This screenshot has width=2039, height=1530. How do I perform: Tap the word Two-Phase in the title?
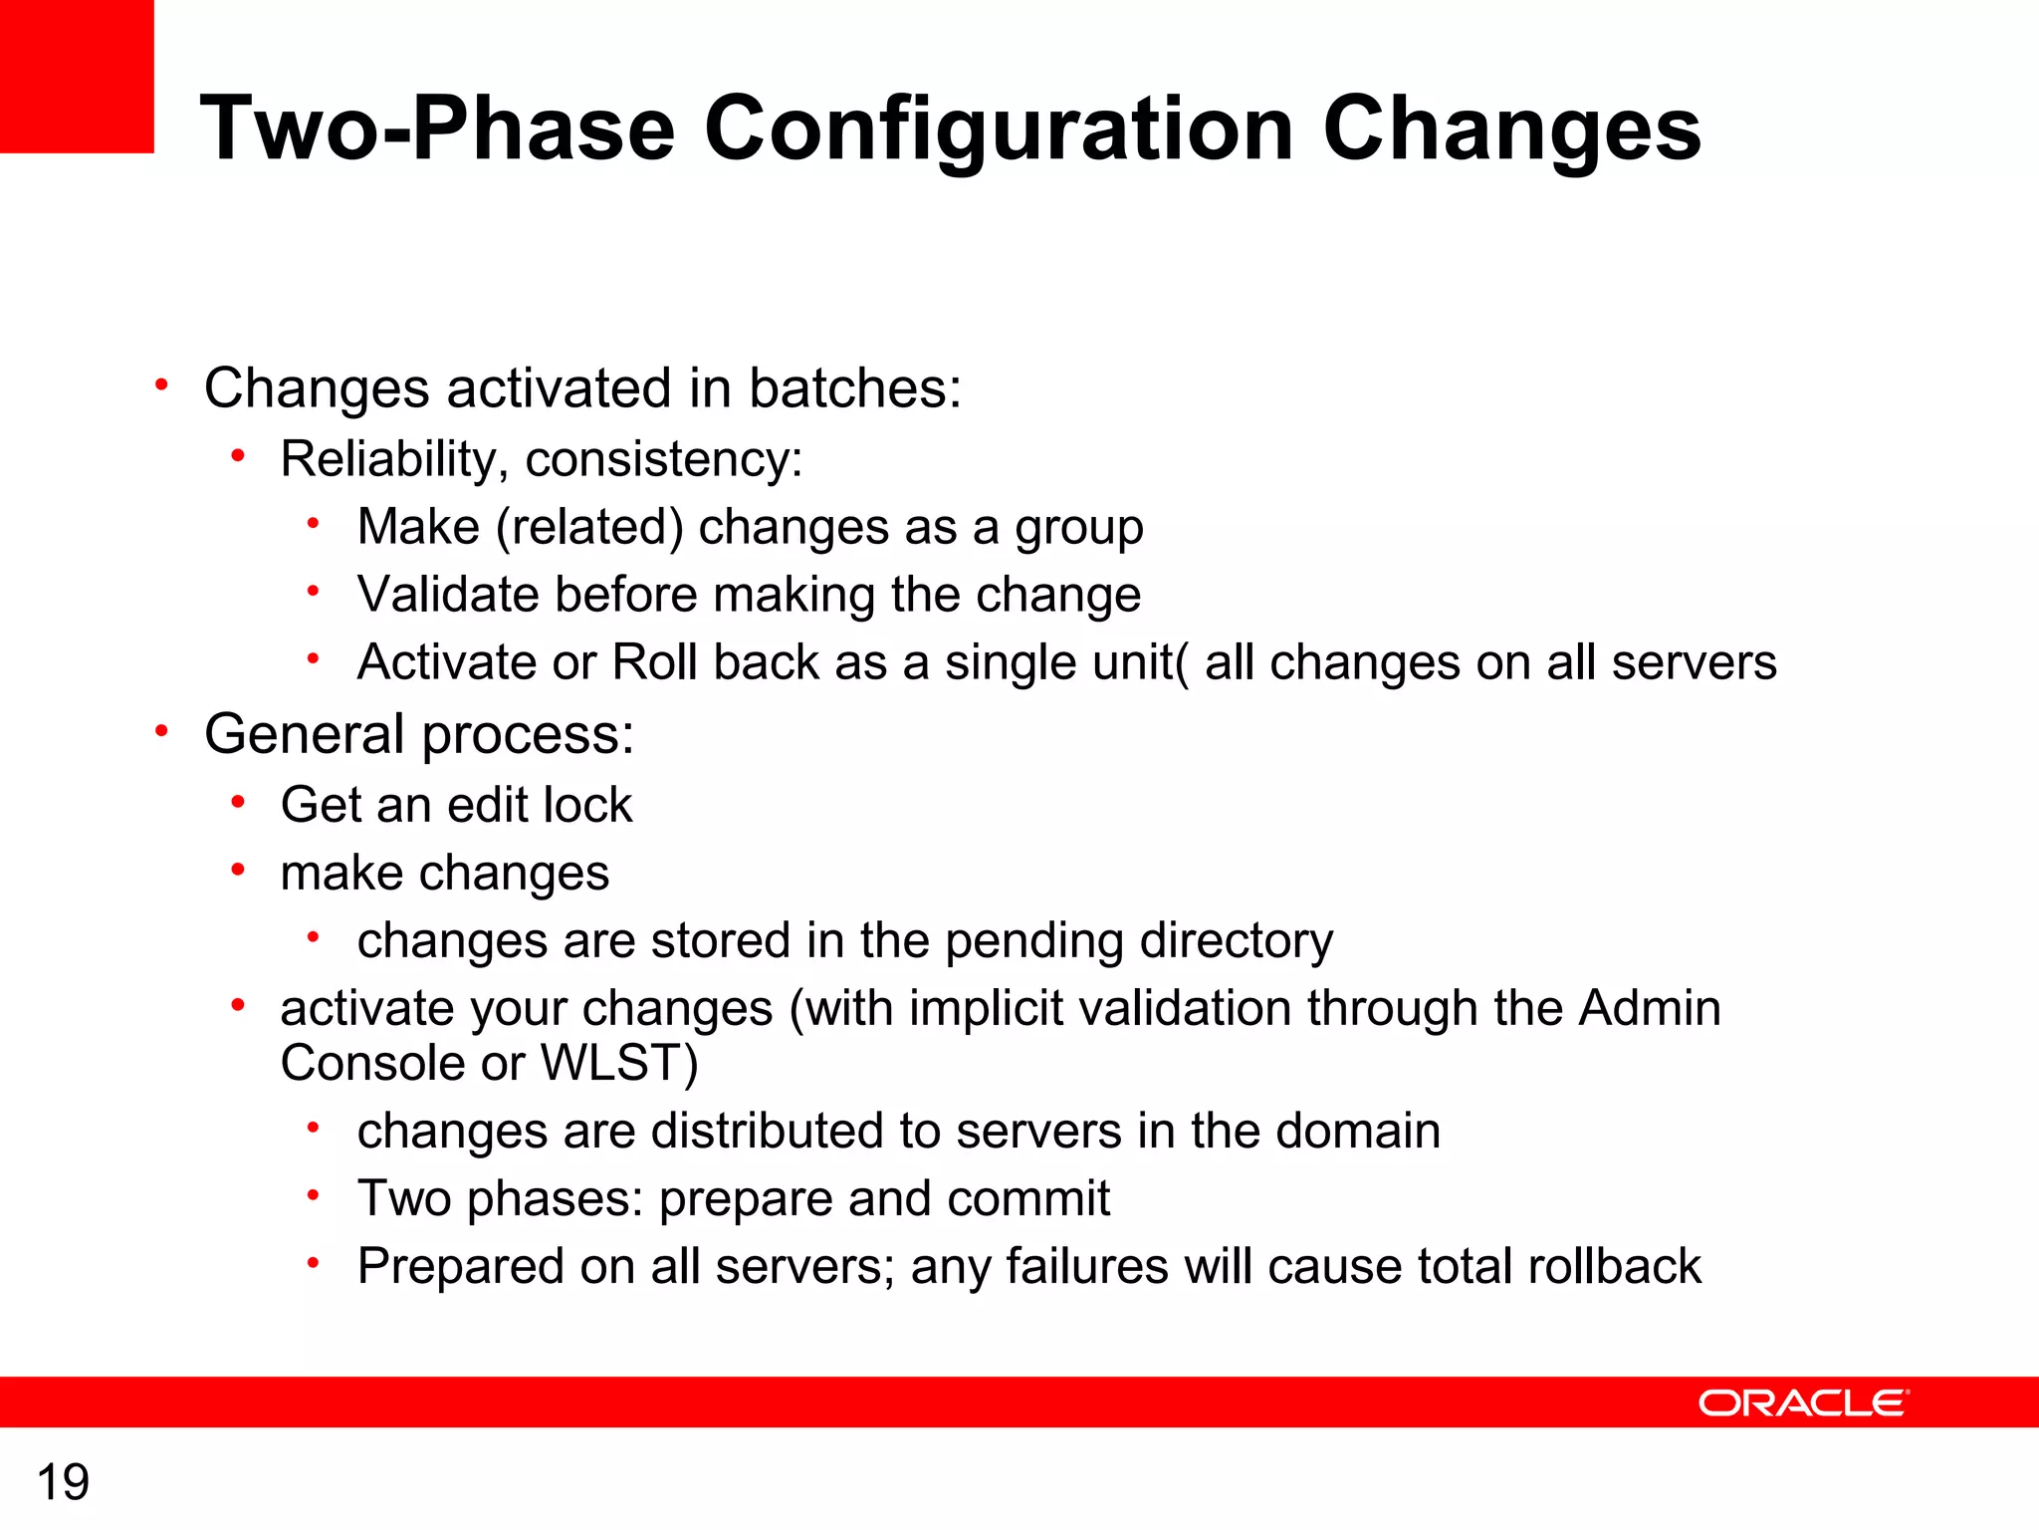pos(437,129)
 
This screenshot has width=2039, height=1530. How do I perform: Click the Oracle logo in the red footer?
pos(1803,1402)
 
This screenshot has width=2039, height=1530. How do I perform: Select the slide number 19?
pos(63,1482)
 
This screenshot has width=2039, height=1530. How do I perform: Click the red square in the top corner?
pos(77,76)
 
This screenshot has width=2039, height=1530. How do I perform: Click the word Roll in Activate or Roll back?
pos(654,662)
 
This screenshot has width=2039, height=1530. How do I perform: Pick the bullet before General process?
pos(161,733)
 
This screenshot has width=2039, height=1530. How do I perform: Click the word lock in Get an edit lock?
pos(594,805)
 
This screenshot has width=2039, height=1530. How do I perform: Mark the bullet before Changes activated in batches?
pos(161,386)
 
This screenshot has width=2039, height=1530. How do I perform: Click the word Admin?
pos(1650,1008)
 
